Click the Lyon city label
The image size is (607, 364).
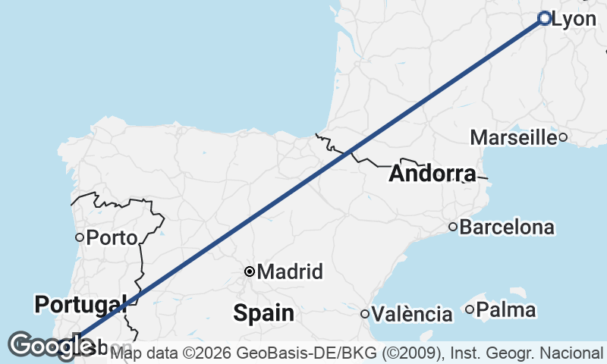pyautogui.click(x=574, y=20)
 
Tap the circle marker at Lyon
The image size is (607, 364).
pyautogui.click(x=544, y=18)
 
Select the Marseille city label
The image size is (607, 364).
pyautogui.click(x=514, y=137)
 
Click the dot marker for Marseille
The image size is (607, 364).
pyautogui.click(x=563, y=137)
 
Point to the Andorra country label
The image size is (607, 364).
pyautogui.click(x=432, y=174)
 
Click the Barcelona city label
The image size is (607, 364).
pyautogui.click(x=507, y=227)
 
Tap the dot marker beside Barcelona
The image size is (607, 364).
pyautogui.click(x=453, y=226)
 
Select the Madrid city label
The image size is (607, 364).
pyautogui.click(x=291, y=271)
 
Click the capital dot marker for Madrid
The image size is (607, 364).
pyautogui.click(x=249, y=271)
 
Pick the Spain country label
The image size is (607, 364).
pyautogui.click(x=263, y=312)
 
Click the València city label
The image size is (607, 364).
pyautogui.click(x=413, y=314)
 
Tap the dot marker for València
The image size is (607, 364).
pyautogui.click(x=365, y=314)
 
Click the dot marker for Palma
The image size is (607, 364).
pyautogui.click(x=470, y=309)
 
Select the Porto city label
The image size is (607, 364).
pyautogui.click(x=112, y=237)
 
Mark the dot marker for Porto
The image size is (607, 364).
pyautogui.click(x=79, y=237)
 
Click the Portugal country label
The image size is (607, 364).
pyautogui.click(x=79, y=305)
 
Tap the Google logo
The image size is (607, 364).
pyautogui.click(x=51, y=346)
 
